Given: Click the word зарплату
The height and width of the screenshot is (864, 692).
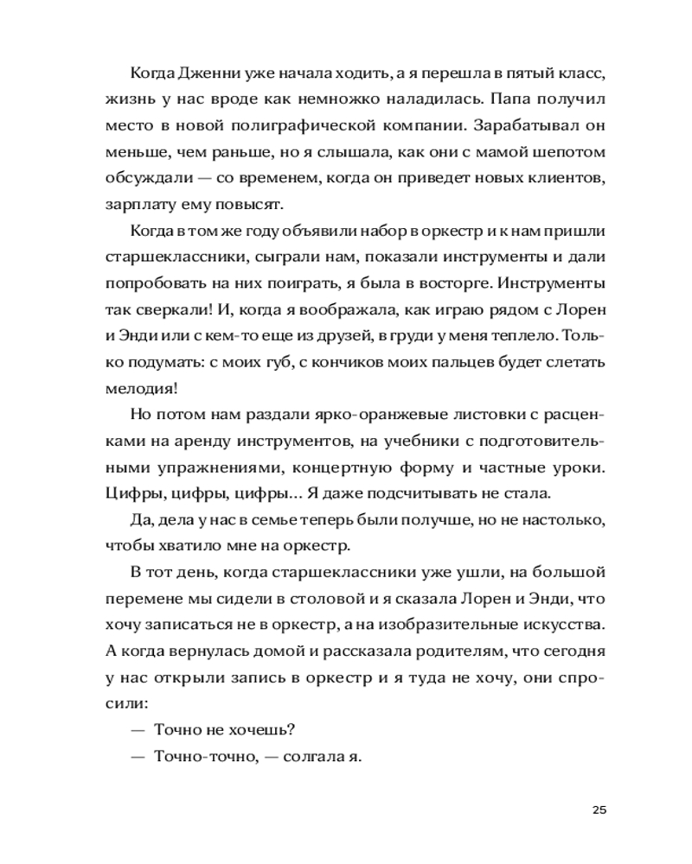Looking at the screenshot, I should (137, 206).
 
